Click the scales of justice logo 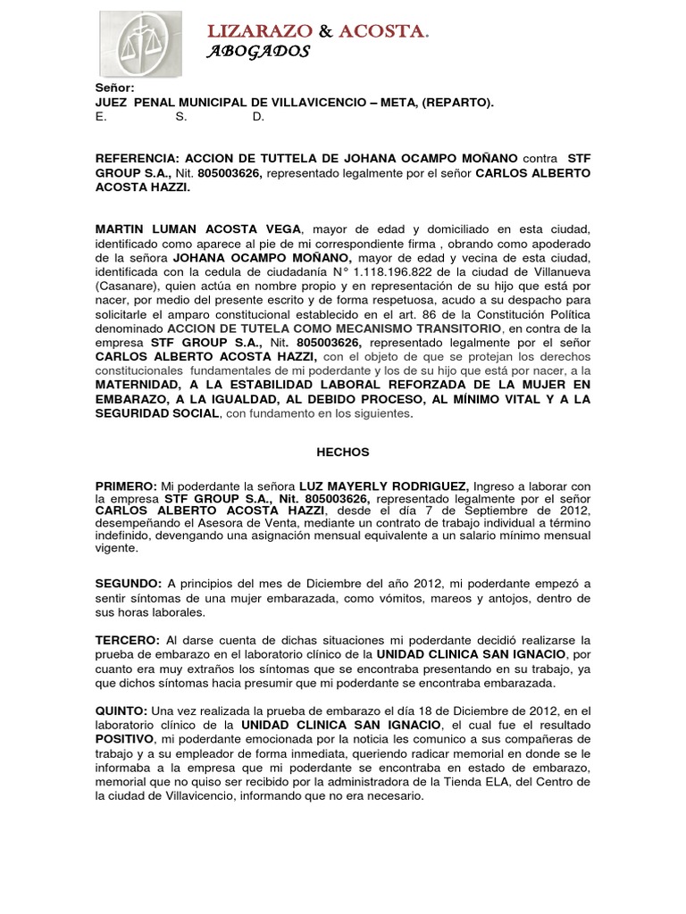139,44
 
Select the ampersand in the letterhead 325,32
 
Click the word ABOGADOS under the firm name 258,52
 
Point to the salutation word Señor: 115,87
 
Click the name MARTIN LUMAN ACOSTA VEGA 199,229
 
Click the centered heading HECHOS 343,453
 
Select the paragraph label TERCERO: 128,641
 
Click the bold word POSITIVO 124,739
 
